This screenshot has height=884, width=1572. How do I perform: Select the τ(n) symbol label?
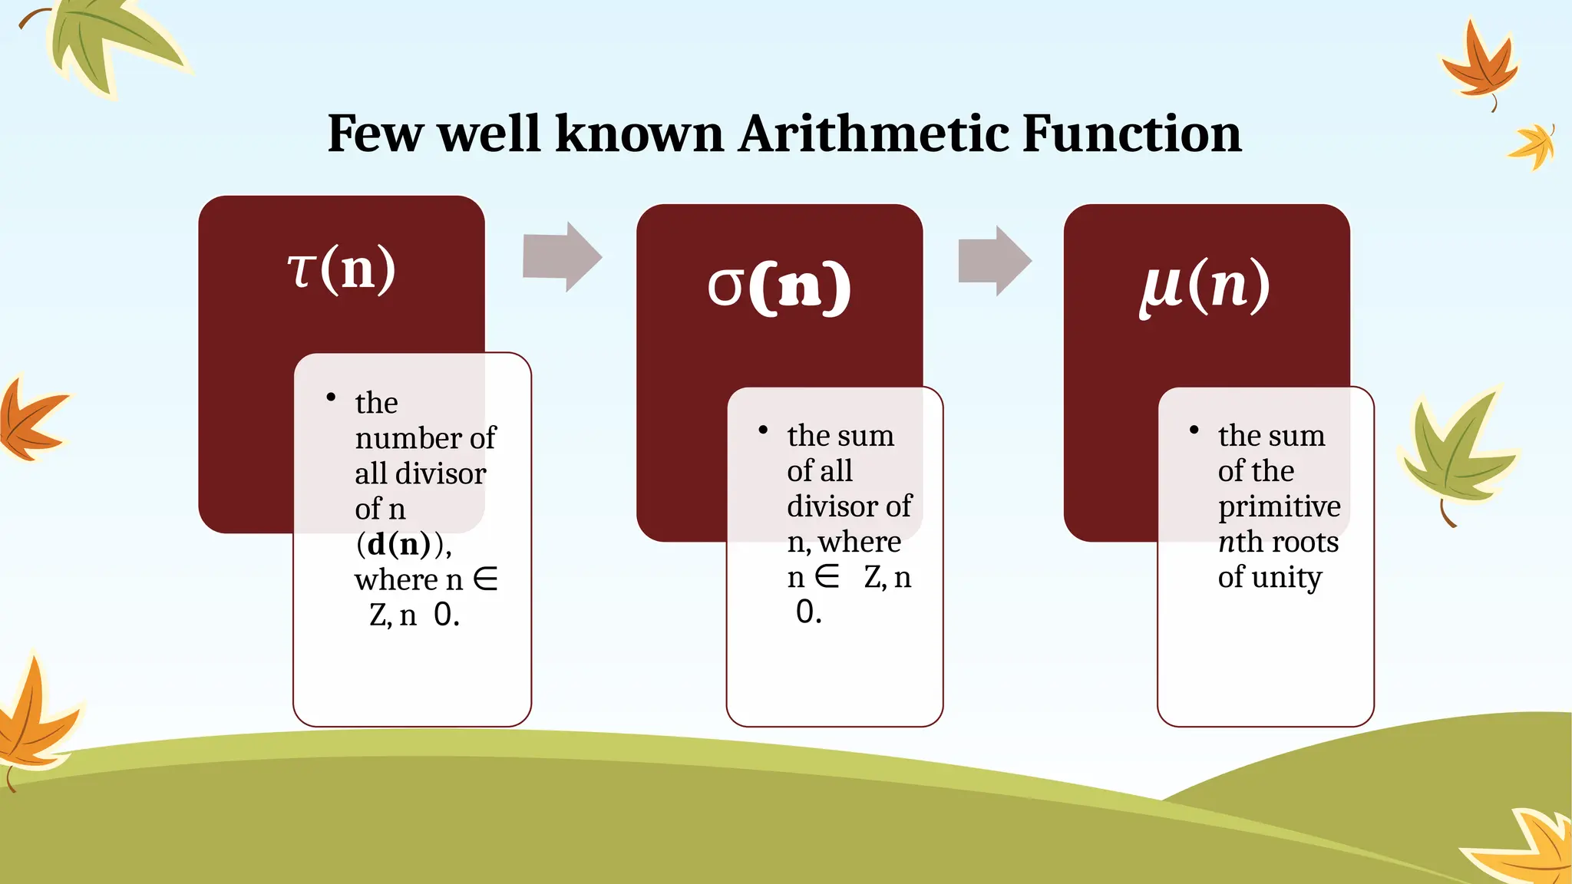[342, 269]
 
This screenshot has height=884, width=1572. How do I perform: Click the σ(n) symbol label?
[778, 286]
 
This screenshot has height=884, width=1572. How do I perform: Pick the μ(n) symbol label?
[1204, 285]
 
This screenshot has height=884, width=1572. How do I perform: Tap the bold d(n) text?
[398, 544]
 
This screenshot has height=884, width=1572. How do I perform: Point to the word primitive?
[1279, 506]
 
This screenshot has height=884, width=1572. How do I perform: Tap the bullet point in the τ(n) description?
[331, 397]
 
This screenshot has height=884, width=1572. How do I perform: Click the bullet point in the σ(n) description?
[763, 430]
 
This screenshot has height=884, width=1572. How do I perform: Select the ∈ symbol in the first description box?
[485, 579]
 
